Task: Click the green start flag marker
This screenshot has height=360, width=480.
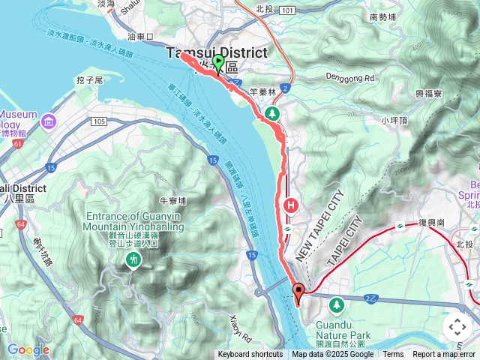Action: tap(218, 62)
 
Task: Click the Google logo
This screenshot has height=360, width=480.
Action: tap(28, 349)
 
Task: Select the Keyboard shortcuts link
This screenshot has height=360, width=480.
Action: tap(250, 355)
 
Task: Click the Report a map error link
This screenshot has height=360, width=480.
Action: tap(444, 355)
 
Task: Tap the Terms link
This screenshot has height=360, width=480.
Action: tap(393, 355)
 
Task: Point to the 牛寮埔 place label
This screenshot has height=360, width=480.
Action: tap(172, 200)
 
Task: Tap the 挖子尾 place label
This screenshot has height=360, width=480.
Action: tap(89, 79)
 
